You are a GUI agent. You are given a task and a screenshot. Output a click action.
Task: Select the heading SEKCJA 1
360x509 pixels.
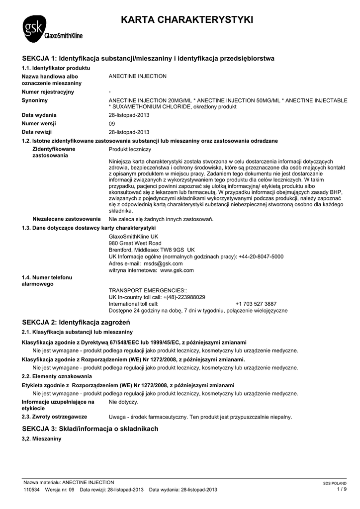148,58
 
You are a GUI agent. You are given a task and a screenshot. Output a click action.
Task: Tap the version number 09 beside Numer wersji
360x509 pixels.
112,123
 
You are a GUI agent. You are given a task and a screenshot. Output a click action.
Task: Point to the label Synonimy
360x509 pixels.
35,100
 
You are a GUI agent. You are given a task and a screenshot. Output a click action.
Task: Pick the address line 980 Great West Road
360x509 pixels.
135,243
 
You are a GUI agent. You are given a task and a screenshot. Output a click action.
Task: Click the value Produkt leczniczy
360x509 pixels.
130,149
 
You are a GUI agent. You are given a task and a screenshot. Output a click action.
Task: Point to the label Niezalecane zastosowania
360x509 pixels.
67,219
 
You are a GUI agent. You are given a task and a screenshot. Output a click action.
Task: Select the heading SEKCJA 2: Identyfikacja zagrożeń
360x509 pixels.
76,322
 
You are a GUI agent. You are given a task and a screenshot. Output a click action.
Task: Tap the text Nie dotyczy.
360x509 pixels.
123,401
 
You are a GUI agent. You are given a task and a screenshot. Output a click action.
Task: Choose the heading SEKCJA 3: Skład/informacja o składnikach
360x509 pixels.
90,428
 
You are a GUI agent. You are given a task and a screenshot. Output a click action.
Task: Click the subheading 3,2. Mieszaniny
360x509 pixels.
41,439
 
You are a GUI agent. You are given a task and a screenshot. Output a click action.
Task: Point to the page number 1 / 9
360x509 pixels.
342,489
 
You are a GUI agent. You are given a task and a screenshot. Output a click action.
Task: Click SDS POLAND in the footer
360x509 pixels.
335,483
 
